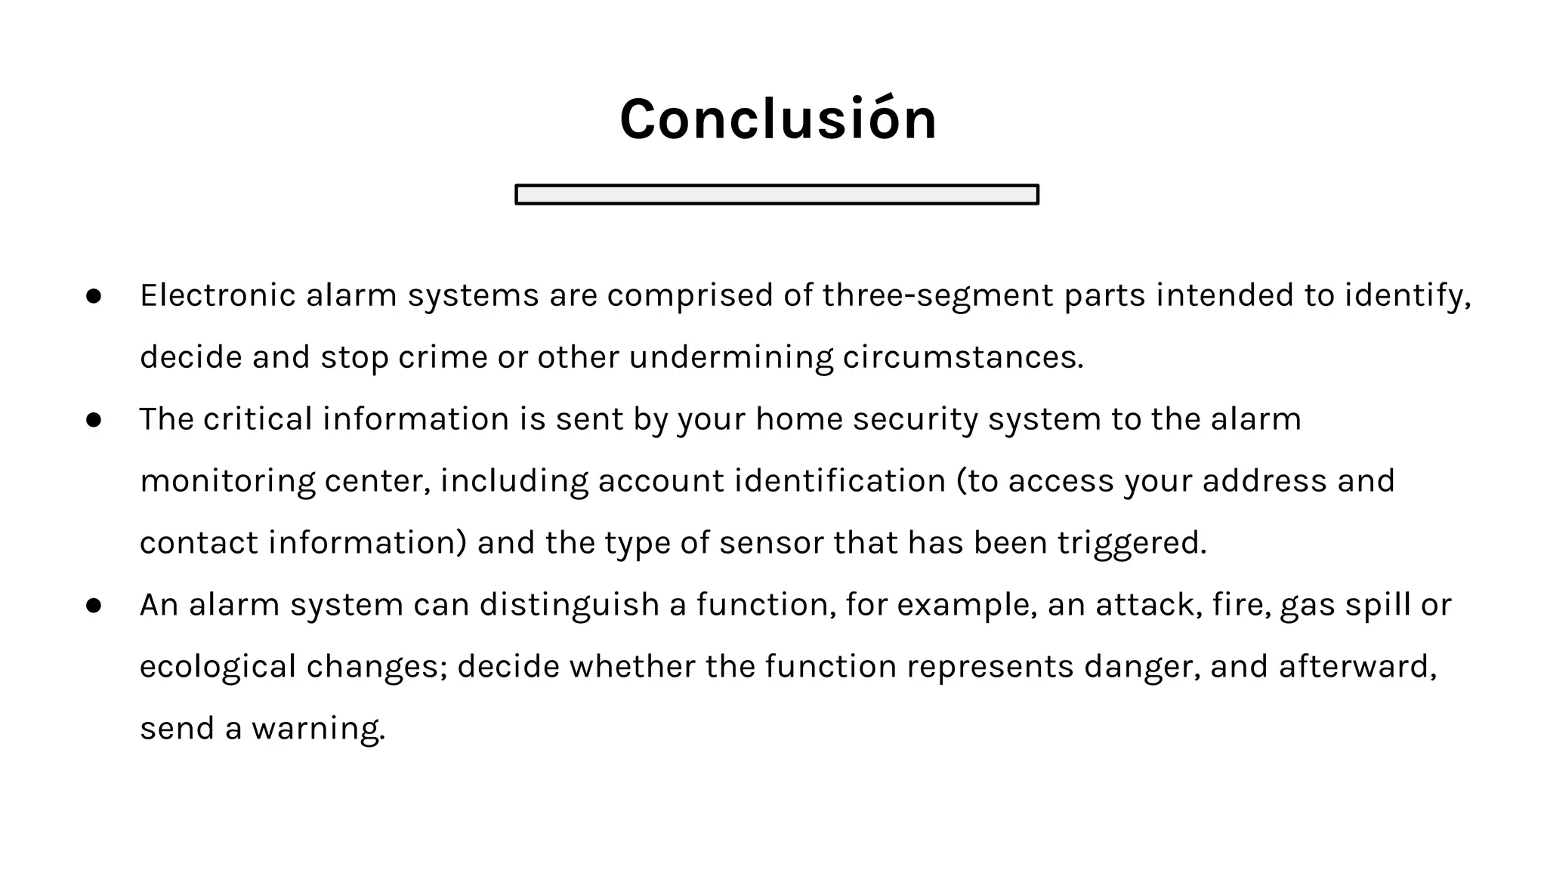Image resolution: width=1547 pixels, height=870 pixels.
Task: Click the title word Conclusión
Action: click(778, 119)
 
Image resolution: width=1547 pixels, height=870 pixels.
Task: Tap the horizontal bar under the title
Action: click(777, 195)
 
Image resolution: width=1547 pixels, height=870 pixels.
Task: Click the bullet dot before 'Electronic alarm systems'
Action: click(94, 296)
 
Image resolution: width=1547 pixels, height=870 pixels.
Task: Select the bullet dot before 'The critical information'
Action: click(94, 420)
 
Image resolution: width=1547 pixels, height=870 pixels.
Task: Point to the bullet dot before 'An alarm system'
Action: click(94, 606)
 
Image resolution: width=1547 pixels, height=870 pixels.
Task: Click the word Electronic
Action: click(218, 295)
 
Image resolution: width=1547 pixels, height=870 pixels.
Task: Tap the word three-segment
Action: click(937, 295)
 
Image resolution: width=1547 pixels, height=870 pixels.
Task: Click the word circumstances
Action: click(962, 357)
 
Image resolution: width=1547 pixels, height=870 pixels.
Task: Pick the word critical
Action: click(258, 419)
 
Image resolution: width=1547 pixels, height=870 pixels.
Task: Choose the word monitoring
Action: click(227, 481)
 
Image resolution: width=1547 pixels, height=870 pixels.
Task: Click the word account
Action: click(661, 481)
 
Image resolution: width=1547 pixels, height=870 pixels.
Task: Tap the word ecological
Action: click(218, 667)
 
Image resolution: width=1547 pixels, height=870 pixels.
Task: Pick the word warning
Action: click(318, 729)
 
